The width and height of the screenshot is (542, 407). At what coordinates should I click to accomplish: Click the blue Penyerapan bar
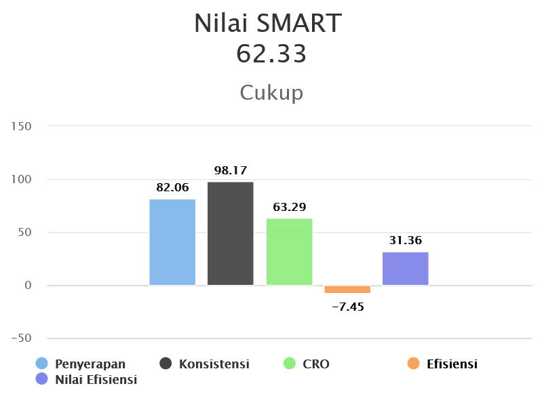172,242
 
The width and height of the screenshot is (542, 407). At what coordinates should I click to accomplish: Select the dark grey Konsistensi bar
231,233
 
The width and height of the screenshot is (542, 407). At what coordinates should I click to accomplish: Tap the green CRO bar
290,252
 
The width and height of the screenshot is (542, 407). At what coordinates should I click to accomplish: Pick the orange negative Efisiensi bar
347,290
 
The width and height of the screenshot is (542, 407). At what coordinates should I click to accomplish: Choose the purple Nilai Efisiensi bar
406,269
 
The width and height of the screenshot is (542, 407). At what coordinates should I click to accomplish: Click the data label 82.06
172,187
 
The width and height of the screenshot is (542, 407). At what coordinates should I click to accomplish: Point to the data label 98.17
231,170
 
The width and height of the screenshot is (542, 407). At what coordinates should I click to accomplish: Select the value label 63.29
290,207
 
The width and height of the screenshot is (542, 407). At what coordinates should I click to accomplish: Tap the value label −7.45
348,307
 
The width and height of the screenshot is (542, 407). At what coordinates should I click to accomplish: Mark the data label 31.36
406,240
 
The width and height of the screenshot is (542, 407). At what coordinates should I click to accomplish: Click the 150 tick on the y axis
21,126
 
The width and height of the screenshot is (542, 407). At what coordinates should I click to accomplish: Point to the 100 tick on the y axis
21,179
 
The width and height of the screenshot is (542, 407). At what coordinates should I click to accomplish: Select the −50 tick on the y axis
21,338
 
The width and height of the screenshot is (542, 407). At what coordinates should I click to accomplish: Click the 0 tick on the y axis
28,285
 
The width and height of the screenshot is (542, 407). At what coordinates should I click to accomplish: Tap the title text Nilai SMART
268,23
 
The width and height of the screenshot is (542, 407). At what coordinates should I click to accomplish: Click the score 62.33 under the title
271,54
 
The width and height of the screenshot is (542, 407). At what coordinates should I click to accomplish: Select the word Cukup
271,93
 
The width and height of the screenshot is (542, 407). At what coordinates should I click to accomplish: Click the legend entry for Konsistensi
204,364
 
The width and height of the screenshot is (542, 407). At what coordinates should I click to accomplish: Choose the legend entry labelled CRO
306,364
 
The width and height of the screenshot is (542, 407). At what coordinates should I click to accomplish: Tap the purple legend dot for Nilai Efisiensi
42,379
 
